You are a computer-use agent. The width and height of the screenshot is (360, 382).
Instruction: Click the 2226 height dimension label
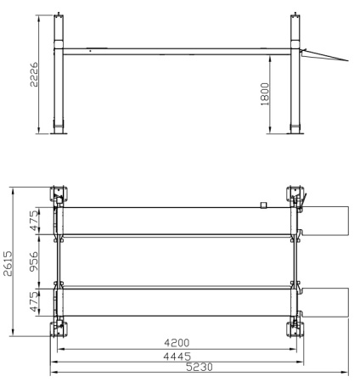tap(34, 75)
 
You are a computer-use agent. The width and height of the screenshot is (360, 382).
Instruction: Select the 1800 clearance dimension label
tap(264, 94)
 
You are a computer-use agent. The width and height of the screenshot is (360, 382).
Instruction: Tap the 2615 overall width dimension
tap(8, 263)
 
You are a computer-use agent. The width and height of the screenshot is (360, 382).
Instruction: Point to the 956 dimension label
tap(34, 261)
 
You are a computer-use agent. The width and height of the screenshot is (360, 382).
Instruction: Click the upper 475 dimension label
tap(34, 221)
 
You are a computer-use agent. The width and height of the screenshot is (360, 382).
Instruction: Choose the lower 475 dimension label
tap(34, 301)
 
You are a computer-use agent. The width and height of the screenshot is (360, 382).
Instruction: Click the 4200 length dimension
tap(177, 343)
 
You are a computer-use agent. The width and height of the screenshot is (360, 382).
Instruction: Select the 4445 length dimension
tap(177, 357)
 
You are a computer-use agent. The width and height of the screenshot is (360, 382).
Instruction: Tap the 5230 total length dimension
tap(200, 367)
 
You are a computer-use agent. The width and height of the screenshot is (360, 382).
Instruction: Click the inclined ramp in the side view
tap(325, 55)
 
